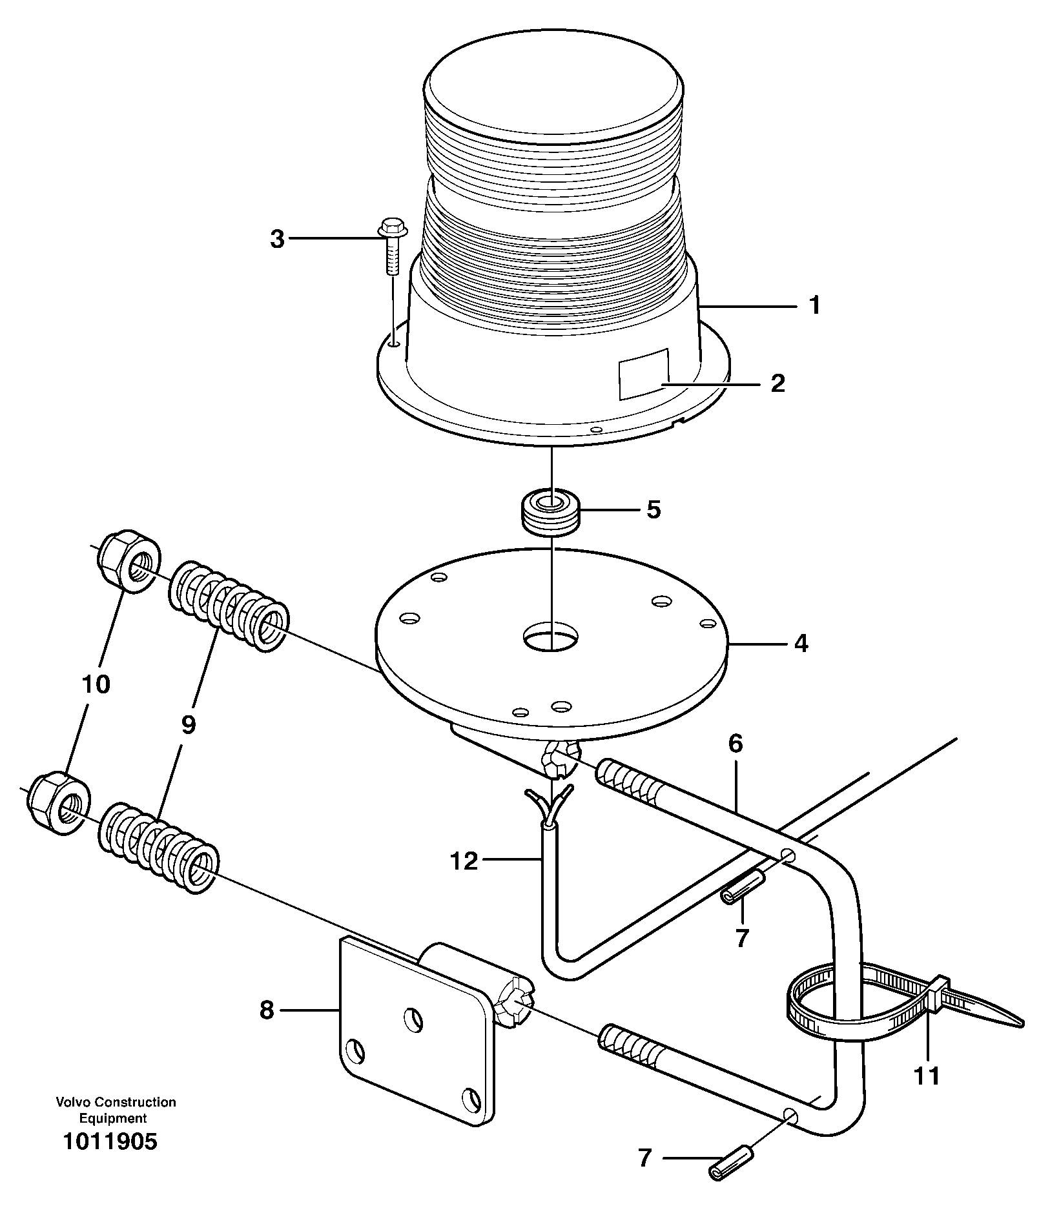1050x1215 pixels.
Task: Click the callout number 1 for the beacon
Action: coord(814,305)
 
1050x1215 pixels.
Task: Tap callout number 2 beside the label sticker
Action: coord(777,383)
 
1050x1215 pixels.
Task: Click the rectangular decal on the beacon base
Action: coord(643,373)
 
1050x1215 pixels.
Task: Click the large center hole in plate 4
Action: coord(550,637)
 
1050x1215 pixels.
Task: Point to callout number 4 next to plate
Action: coord(801,644)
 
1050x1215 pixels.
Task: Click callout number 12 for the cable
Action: coord(464,861)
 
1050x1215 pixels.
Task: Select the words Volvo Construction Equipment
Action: coord(116,1110)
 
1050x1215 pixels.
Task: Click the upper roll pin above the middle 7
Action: coord(742,889)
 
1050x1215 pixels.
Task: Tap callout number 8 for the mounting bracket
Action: coord(267,1010)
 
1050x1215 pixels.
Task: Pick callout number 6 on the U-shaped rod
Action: coord(736,744)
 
